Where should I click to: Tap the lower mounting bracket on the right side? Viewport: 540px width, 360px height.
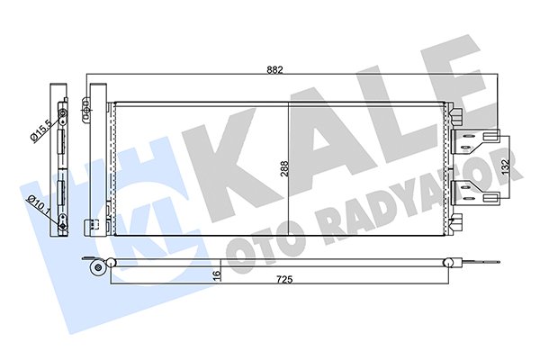click(473, 188)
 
